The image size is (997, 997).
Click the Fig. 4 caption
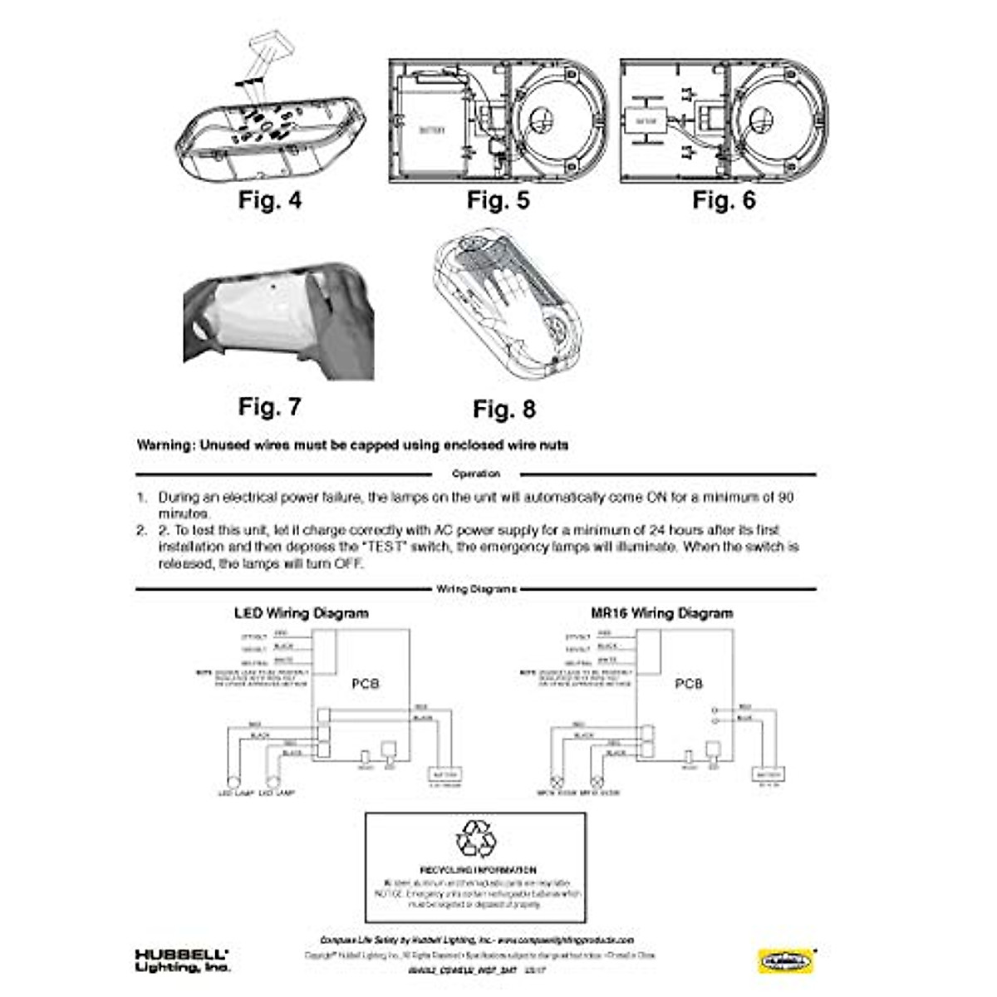[x=269, y=200]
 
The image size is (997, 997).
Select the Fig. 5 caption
[x=498, y=200]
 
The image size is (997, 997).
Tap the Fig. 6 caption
[x=724, y=200]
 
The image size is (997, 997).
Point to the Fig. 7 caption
[x=269, y=407]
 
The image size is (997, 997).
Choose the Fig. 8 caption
[x=504, y=409]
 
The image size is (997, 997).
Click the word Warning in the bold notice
[x=164, y=445]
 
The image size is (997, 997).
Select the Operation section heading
[x=475, y=474]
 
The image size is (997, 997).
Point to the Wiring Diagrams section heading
[x=476, y=589]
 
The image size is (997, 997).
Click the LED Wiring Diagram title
[x=301, y=614]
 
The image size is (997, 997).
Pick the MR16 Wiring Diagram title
[x=661, y=614]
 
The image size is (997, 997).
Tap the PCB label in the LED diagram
[x=365, y=684]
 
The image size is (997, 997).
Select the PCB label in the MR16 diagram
[x=688, y=684]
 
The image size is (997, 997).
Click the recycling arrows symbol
[x=477, y=839]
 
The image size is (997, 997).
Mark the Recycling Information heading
[x=477, y=870]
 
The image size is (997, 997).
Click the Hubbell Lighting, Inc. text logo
[x=182, y=960]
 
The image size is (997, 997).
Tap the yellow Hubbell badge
[x=785, y=960]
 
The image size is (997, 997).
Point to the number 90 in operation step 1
[x=785, y=498]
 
